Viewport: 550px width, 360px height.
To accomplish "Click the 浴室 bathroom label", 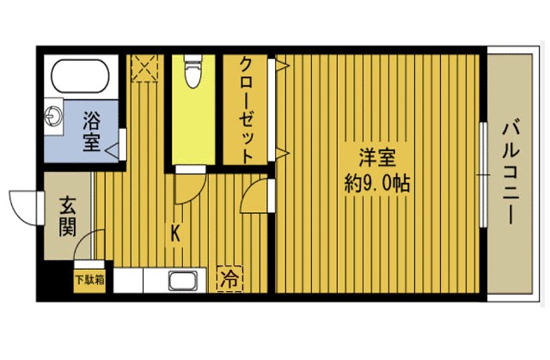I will [92, 133].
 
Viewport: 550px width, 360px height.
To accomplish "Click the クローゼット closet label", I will [247, 111].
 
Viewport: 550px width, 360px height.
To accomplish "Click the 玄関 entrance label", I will [68, 217].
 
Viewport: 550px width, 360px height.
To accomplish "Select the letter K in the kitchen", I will [175, 232].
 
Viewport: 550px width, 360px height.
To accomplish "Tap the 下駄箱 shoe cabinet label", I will [89, 278].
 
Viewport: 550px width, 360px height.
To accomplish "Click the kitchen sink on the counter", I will [183, 280].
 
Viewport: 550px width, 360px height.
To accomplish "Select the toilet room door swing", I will [190, 188].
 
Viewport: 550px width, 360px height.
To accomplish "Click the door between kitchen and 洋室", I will [255, 195].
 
